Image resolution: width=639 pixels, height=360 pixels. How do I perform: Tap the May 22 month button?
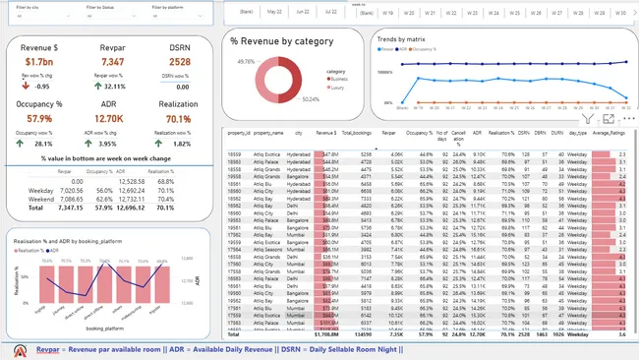(x=277, y=13)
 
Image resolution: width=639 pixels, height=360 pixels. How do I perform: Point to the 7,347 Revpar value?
(x=112, y=62)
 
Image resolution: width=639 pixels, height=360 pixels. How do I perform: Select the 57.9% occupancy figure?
(x=39, y=119)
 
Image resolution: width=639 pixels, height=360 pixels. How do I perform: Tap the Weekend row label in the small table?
(x=41, y=198)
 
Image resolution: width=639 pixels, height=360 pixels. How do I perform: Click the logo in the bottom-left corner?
(x=20, y=350)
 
